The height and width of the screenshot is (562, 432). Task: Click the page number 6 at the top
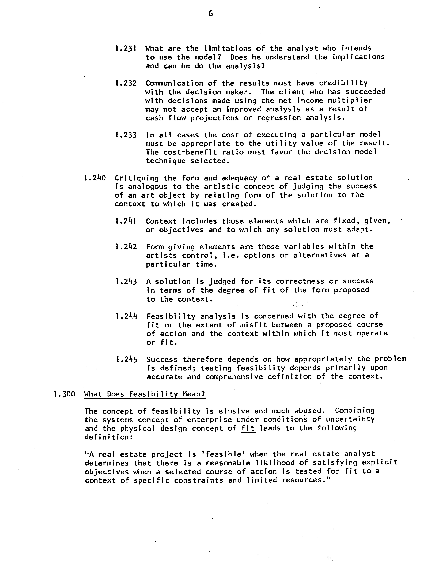(211, 13)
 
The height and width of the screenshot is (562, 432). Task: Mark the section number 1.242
(126, 247)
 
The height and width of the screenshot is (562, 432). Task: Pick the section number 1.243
(126, 282)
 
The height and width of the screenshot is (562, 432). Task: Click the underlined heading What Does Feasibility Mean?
(145, 394)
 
